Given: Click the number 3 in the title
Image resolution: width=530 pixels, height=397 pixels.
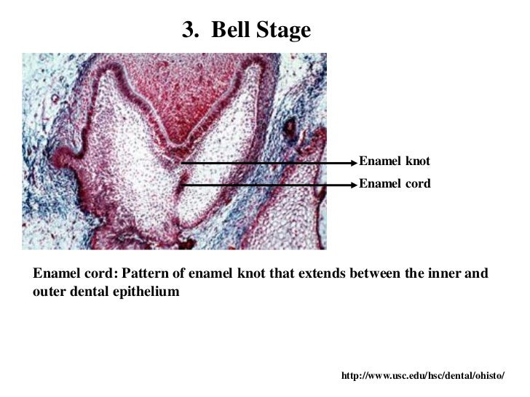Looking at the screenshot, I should (x=188, y=30).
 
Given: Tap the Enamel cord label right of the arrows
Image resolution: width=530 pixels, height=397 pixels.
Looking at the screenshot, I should (x=395, y=184).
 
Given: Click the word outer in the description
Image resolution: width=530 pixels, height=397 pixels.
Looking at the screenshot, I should (x=50, y=291).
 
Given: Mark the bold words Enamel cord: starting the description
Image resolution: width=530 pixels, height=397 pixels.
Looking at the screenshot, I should (x=76, y=273).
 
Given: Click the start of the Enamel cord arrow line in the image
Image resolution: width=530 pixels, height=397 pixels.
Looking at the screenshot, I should (x=182, y=185).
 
